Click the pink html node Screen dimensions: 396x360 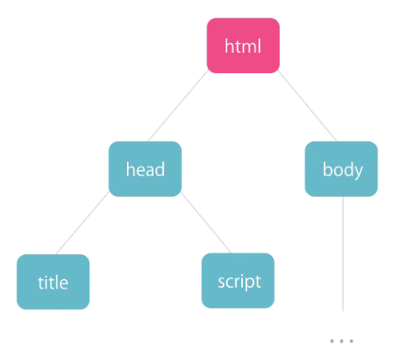pos(243,45)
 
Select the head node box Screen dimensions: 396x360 pos(145,169)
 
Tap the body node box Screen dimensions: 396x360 pos(341,169)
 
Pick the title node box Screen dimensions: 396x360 pos(53,282)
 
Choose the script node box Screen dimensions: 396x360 pos(238,281)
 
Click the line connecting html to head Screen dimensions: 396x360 pos(178,106)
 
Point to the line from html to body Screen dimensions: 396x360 pos(308,106)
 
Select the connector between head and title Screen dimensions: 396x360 pos(82,223)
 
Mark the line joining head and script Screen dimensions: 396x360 pos(206,222)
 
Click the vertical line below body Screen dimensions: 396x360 pos(343,254)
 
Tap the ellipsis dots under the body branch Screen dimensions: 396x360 pos(341,341)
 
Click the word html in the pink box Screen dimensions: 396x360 pos(243,46)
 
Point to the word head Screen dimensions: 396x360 pos(145,169)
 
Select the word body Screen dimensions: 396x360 pos(343,171)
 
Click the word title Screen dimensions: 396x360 pos(53,283)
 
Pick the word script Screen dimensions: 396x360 pos(240,282)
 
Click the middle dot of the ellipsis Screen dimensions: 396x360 pos(341,341)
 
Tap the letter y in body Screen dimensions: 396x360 pos(358,173)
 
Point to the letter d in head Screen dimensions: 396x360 pos(160,169)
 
